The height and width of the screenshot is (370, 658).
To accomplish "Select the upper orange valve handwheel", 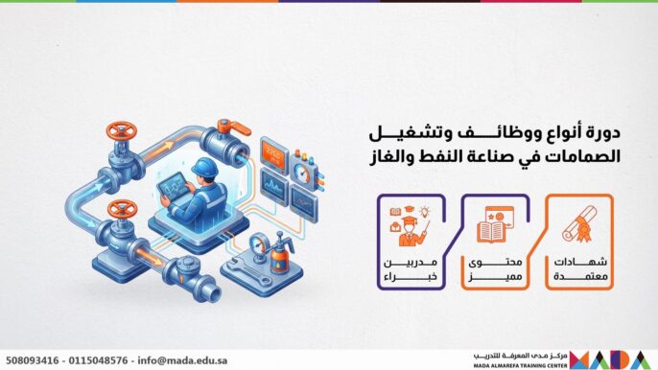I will coord(122,128).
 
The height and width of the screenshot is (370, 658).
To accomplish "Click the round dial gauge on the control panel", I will coord(304,173).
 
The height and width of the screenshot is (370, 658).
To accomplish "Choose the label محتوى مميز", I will coord(495,268).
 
